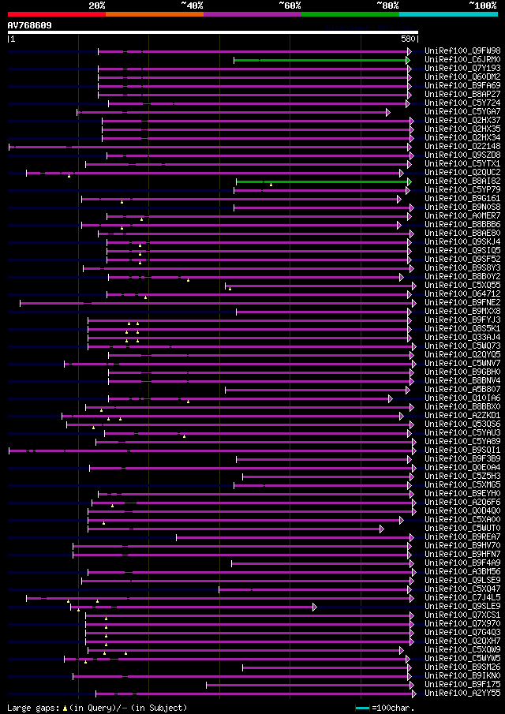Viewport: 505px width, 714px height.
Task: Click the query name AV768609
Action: [30, 25]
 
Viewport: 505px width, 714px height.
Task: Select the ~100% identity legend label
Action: [482, 5]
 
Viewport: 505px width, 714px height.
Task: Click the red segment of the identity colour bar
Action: [56, 14]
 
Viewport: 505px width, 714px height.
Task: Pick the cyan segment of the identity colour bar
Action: [447, 14]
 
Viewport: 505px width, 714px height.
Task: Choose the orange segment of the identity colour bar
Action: [154, 14]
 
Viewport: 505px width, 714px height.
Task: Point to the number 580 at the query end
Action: [408, 39]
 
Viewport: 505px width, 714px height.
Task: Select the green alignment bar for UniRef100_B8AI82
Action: [322, 181]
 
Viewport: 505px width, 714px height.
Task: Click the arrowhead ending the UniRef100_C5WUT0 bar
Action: [381, 529]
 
